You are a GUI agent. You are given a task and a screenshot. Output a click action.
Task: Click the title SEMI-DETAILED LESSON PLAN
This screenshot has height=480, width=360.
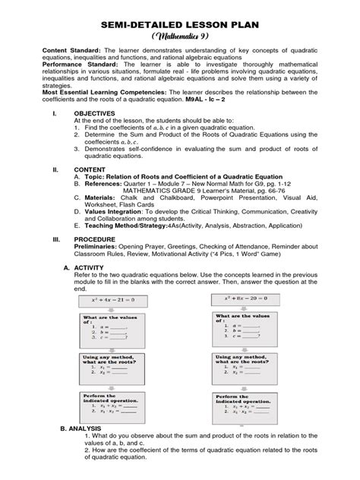point(179,26)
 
